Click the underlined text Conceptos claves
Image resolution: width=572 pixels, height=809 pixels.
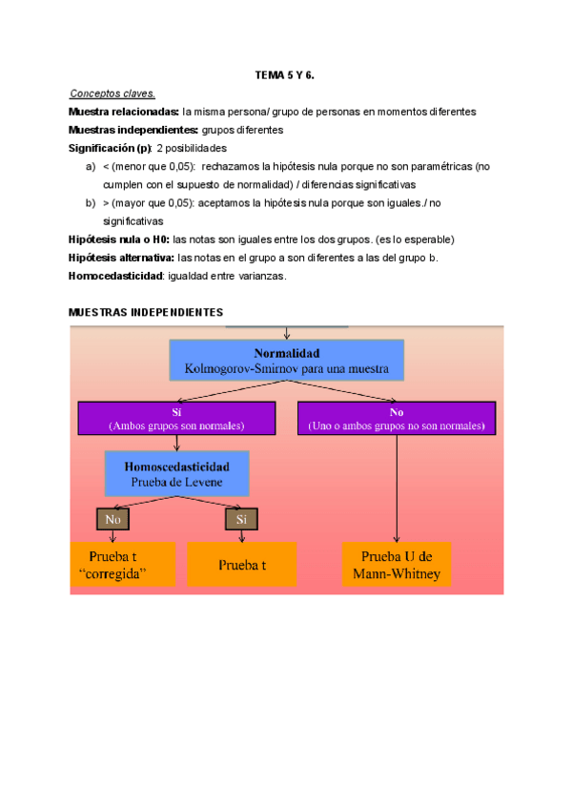tap(112, 93)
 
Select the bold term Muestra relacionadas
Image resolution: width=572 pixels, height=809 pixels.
tap(123, 112)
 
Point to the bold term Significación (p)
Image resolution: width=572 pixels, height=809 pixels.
tap(110, 148)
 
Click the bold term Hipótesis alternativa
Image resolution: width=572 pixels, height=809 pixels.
tap(120, 258)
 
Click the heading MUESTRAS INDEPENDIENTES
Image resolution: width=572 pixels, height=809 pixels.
tap(146, 313)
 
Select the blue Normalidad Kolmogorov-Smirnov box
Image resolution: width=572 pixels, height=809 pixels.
tap(286, 359)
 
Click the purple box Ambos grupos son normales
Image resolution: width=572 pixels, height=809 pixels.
tap(176, 418)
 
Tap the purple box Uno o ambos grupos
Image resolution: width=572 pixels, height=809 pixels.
tap(397, 418)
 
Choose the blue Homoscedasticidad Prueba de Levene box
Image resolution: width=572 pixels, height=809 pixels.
tap(176, 473)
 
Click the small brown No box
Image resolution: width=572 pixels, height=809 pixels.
tap(112, 519)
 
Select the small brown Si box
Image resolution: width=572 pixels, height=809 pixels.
tap(241, 519)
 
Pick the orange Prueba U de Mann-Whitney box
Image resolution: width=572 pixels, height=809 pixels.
tap(396, 563)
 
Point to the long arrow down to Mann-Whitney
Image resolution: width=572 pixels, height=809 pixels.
tap(397, 487)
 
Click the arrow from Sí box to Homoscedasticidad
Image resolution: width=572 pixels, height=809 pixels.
tap(176, 443)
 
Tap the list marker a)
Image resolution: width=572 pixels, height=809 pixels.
tap(92, 166)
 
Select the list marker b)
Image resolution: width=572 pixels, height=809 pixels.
tap(92, 203)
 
